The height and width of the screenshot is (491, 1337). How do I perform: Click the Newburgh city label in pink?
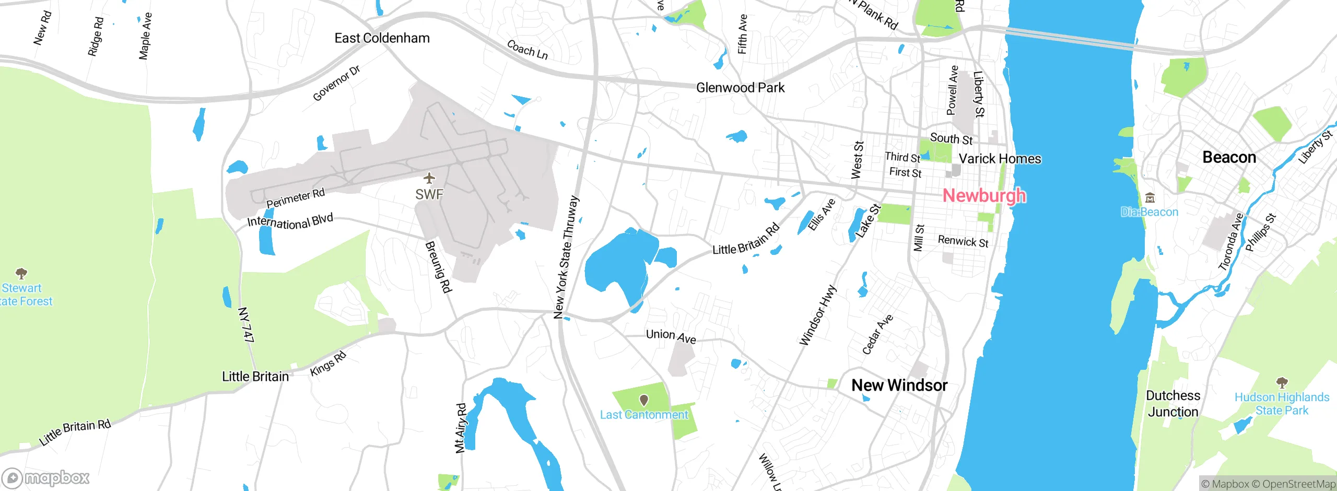(984, 195)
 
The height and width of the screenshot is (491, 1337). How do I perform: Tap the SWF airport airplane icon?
(429, 179)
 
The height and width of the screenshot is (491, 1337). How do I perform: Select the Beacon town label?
(1229, 157)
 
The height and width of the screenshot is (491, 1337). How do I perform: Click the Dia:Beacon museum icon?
(1150, 198)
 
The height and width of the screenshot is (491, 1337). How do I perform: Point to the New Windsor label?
(899, 385)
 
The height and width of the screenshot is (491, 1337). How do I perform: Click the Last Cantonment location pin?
(644, 400)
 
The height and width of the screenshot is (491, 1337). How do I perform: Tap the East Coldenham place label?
(382, 38)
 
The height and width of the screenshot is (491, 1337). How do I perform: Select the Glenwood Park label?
(740, 88)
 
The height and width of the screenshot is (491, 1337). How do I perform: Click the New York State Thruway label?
(566, 257)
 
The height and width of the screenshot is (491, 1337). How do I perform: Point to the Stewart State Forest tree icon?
(21, 273)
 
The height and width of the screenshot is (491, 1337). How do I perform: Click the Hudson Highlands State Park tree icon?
(1282, 382)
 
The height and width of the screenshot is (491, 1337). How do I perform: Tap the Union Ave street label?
(671, 336)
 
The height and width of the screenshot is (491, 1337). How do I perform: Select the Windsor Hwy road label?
(817, 315)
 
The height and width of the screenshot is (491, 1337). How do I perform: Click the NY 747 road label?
(245, 324)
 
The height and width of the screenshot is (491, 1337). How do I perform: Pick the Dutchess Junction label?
(1172, 404)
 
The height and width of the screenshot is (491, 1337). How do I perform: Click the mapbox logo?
(46, 477)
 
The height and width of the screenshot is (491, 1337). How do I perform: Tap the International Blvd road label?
(290, 221)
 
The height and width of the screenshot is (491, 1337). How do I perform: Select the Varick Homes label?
(1000, 159)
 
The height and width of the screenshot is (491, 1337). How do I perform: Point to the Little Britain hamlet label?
(255, 377)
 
